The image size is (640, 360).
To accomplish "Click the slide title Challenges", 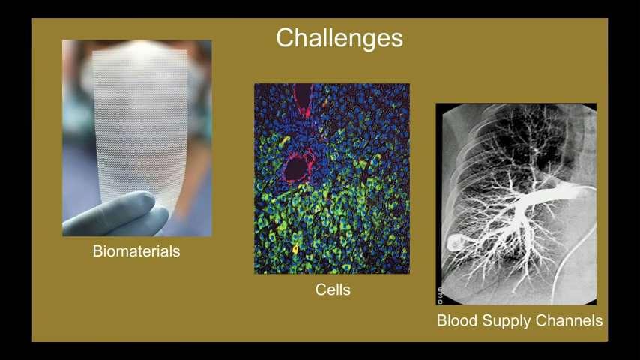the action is pyautogui.click(x=339, y=38).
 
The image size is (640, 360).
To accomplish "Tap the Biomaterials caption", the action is pyautogui.click(x=136, y=251).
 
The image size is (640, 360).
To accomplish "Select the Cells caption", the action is pyautogui.click(x=333, y=289).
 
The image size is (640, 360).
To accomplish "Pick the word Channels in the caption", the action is pyautogui.click(x=569, y=320).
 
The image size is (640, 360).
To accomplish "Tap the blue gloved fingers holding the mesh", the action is pyautogui.click(x=116, y=214).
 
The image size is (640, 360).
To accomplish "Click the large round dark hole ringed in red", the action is pyautogui.click(x=297, y=168).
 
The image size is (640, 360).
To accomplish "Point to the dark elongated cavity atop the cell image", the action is pyautogui.click(x=303, y=98).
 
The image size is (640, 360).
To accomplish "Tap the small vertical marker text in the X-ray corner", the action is pyautogui.click(x=440, y=295).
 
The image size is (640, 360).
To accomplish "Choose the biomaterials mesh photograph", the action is pyautogui.click(x=136, y=138).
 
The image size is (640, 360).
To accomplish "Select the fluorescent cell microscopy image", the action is pyautogui.click(x=332, y=178).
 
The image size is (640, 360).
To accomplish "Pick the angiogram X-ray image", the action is pyautogui.click(x=516, y=204).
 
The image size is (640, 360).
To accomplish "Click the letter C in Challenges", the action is pyautogui.click(x=285, y=38).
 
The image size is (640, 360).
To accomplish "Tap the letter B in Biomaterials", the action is pyautogui.click(x=97, y=251).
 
